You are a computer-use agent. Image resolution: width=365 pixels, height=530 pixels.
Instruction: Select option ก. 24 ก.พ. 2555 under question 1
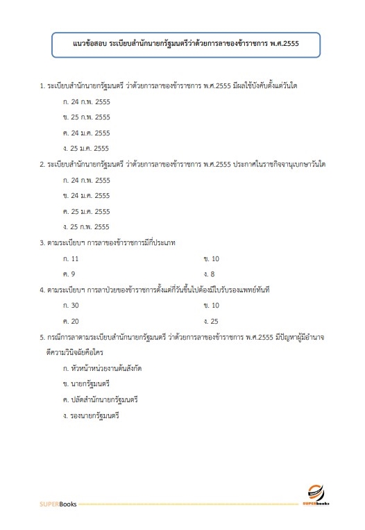tap(86, 101)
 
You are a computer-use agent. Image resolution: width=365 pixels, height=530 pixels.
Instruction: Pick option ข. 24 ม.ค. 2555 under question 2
tap(86, 195)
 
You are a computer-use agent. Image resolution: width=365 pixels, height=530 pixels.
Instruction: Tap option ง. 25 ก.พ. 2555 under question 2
tap(86, 226)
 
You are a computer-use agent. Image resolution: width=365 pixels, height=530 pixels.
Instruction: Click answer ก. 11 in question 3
tap(71, 258)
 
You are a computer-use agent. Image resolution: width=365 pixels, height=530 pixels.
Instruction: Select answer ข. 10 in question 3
tap(212, 258)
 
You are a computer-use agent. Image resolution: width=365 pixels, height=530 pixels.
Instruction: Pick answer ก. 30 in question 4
tap(71, 305)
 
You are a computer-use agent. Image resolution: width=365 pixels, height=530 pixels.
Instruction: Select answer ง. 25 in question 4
tap(212, 320)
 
